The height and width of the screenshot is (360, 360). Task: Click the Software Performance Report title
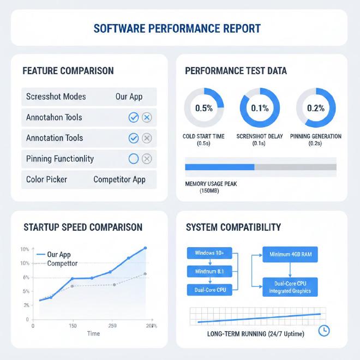[177, 28]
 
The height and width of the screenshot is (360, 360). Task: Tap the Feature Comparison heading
[68, 71]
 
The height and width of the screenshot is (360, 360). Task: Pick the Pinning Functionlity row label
[60, 159]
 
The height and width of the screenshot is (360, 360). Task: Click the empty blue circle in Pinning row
[133, 159]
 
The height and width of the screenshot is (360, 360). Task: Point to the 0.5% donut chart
[204, 108]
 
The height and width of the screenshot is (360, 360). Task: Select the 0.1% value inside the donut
[260, 108]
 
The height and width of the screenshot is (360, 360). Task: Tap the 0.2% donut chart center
[316, 108]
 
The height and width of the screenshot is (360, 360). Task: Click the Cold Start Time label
[203, 136]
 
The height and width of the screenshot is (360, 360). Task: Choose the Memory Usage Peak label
[211, 184]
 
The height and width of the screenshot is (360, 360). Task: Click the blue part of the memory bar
[220, 167]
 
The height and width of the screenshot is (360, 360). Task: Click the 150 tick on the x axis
[73, 326]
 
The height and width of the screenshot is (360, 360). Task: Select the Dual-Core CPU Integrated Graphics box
[290, 287]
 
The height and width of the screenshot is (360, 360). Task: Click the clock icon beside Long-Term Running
[323, 331]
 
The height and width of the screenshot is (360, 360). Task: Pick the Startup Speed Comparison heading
[83, 227]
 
